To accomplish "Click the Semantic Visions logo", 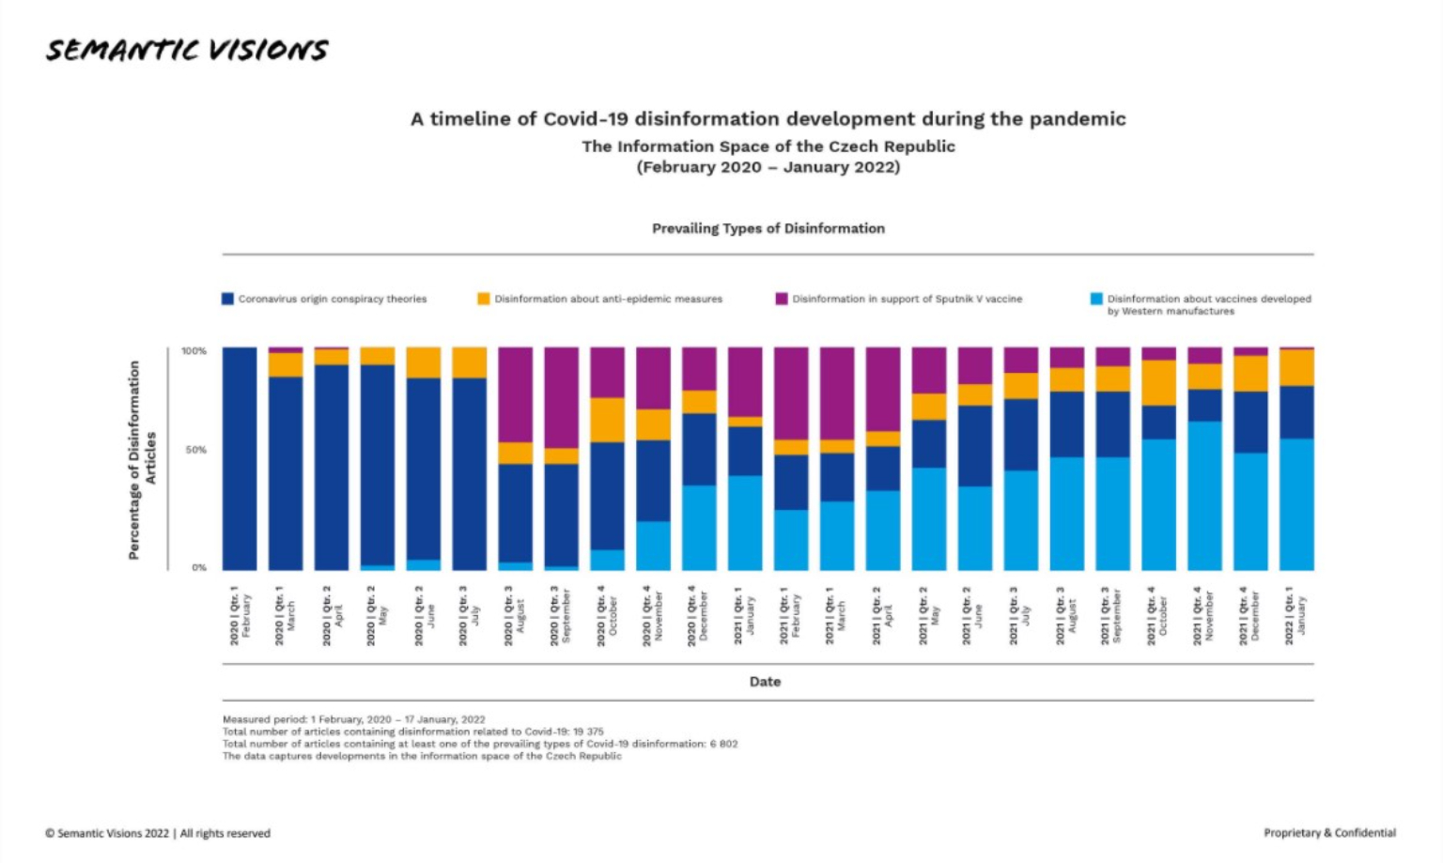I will click(x=187, y=50).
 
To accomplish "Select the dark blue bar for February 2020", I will click(x=240, y=458).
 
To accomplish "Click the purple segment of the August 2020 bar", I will click(x=515, y=394).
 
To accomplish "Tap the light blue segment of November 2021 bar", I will click(x=1204, y=495).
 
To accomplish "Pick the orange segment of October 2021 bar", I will click(x=1158, y=383).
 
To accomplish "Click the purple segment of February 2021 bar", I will click(x=791, y=393).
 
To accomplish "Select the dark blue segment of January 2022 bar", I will click(x=1296, y=412).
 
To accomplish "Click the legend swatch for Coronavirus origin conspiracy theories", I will click(x=227, y=299).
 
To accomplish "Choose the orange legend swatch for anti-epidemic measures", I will click(x=484, y=299).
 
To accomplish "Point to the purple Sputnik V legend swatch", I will click(x=782, y=299).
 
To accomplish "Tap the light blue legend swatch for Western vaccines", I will click(x=1096, y=299).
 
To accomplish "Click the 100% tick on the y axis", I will click(x=194, y=351).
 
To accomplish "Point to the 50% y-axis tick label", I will click(x=195, y=450).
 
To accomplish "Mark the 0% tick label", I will click(x=199, y=567).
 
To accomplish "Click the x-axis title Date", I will click(x=765, y=682).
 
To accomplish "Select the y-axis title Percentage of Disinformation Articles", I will click(x=142, y=459).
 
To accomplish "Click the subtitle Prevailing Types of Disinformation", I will click(x=768, y=228).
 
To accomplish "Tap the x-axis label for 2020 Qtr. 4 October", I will click(x=607, y=617).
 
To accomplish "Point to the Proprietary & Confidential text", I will click(x=1329, y=833).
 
